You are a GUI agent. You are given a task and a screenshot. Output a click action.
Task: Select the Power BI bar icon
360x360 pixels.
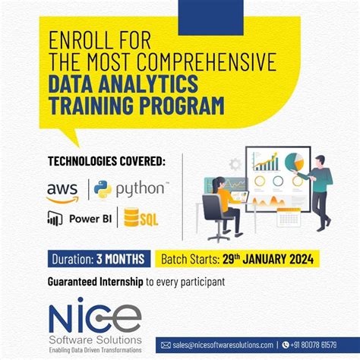click(55, 219)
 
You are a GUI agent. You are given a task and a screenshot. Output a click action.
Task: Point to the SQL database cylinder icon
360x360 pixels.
click(132, 219)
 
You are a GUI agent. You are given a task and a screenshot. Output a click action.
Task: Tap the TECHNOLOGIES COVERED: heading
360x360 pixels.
click(106, 161)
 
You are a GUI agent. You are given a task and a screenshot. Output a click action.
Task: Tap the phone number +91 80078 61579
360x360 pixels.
click(320, 345)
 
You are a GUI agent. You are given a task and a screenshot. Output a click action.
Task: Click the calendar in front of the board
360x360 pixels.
click(289, 217)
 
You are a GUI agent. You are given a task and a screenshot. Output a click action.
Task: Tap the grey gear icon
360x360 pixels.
click(235, 163)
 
